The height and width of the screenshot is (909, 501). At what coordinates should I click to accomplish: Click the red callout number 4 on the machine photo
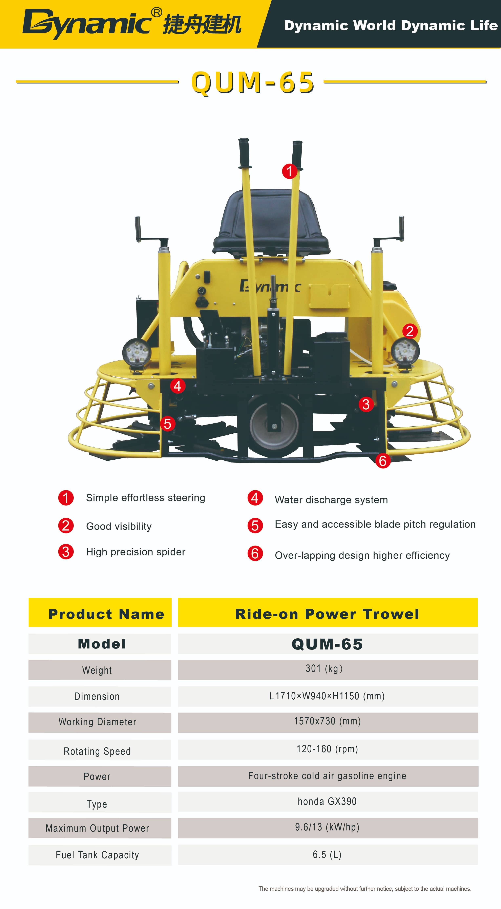click(178, 386)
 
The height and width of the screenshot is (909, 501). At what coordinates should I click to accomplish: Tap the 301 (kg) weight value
click(324, 669)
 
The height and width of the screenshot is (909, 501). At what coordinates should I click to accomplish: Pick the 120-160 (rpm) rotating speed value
click(327, 749)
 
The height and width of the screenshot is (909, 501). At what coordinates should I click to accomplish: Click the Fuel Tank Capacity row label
click(97, 855)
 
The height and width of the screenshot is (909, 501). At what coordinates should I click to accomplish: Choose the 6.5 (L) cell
click(327, 855)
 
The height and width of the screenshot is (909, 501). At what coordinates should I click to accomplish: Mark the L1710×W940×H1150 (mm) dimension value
click(327, 696)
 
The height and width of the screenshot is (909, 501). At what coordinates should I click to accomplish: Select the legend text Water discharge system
click(331, 500)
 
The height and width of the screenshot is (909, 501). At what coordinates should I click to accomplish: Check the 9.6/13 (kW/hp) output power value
click(327, 827)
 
